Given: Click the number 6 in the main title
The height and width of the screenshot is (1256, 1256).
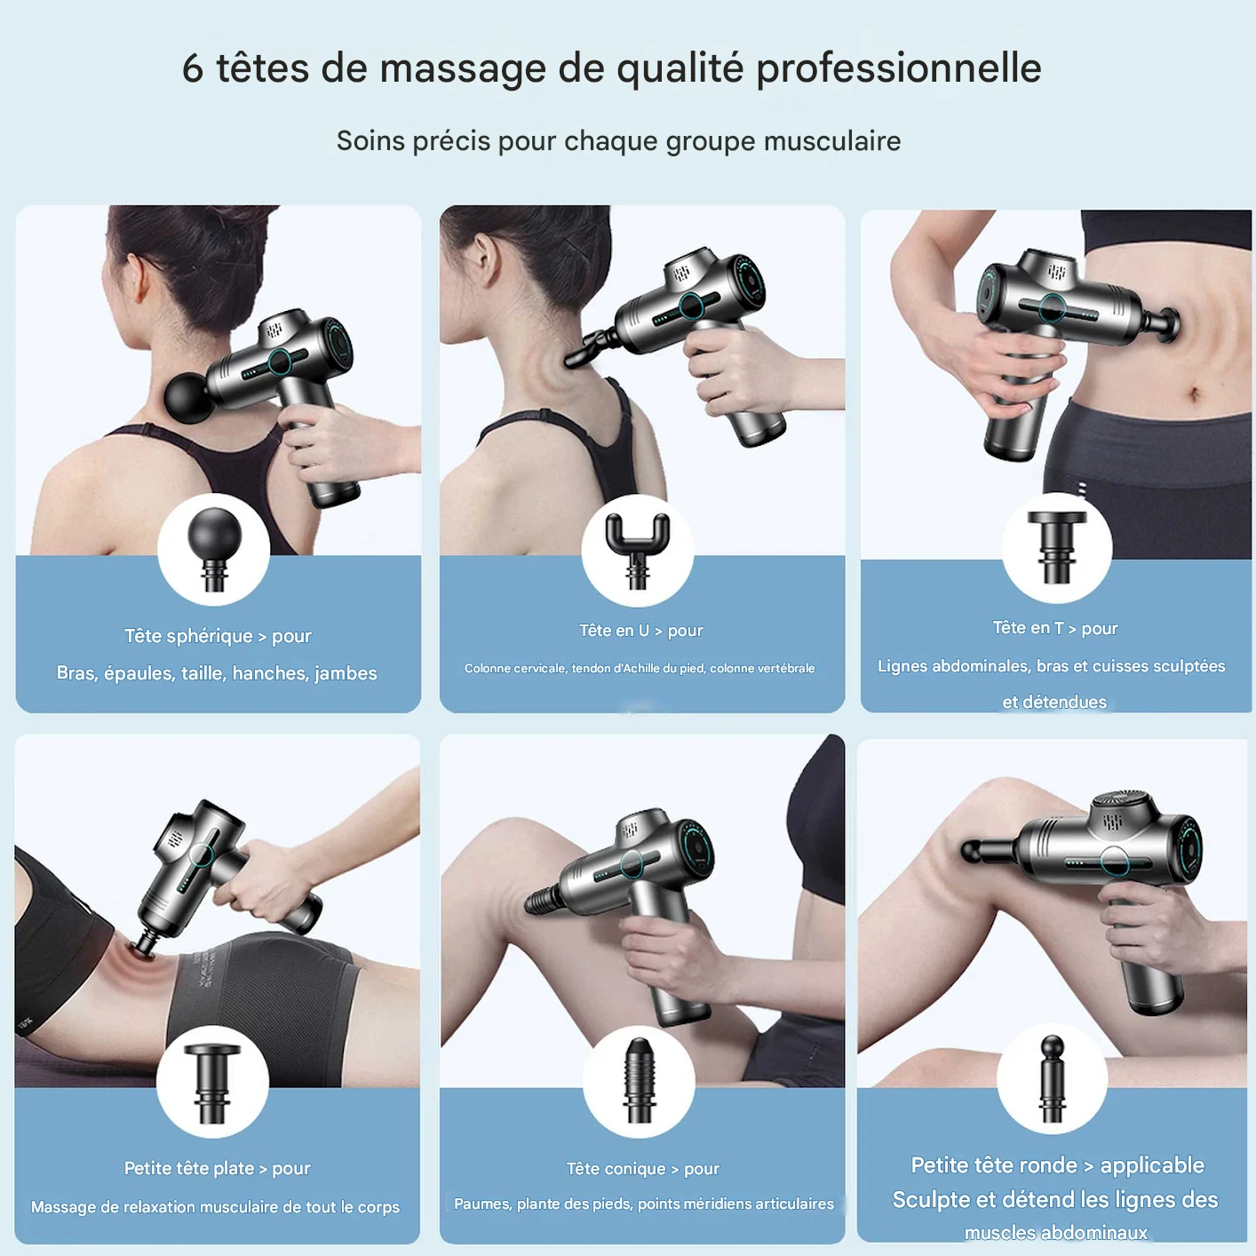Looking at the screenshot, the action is pyautogui.click(x=193, y=68).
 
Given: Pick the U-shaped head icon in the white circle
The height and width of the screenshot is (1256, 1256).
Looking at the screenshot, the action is pyautogui.click(x=638, y=551).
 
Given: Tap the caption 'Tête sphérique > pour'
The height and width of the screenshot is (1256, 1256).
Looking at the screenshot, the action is pyautogui.click(x=218, y=635).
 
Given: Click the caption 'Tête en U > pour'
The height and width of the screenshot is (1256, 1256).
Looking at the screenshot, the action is pyautogui.click(x=641, y=631).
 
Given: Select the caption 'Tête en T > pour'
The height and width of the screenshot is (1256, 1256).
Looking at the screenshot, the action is pyautogui.click(x=1055, y=628).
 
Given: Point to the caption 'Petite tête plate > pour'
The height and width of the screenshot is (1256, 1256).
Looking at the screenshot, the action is pyautogui.click(x=217, y=1168).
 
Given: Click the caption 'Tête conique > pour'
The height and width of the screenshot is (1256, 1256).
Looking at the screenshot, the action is pyautogui.click(x=643, y=1169).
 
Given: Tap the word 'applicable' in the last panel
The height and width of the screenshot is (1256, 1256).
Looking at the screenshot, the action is pyautogui.click(x=1152, y=1165).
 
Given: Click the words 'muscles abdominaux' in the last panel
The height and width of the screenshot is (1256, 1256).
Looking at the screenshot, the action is pyautogui.click(x=1055, y=1233).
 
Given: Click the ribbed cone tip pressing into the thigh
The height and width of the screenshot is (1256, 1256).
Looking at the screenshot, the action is pyautogui.click(x=542, y=902).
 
